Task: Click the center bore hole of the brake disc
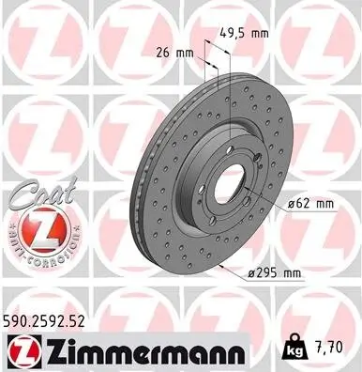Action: click(x=223, y=173)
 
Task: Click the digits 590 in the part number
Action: click(x=19, y=321)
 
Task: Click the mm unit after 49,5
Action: click(x=258, y=32)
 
